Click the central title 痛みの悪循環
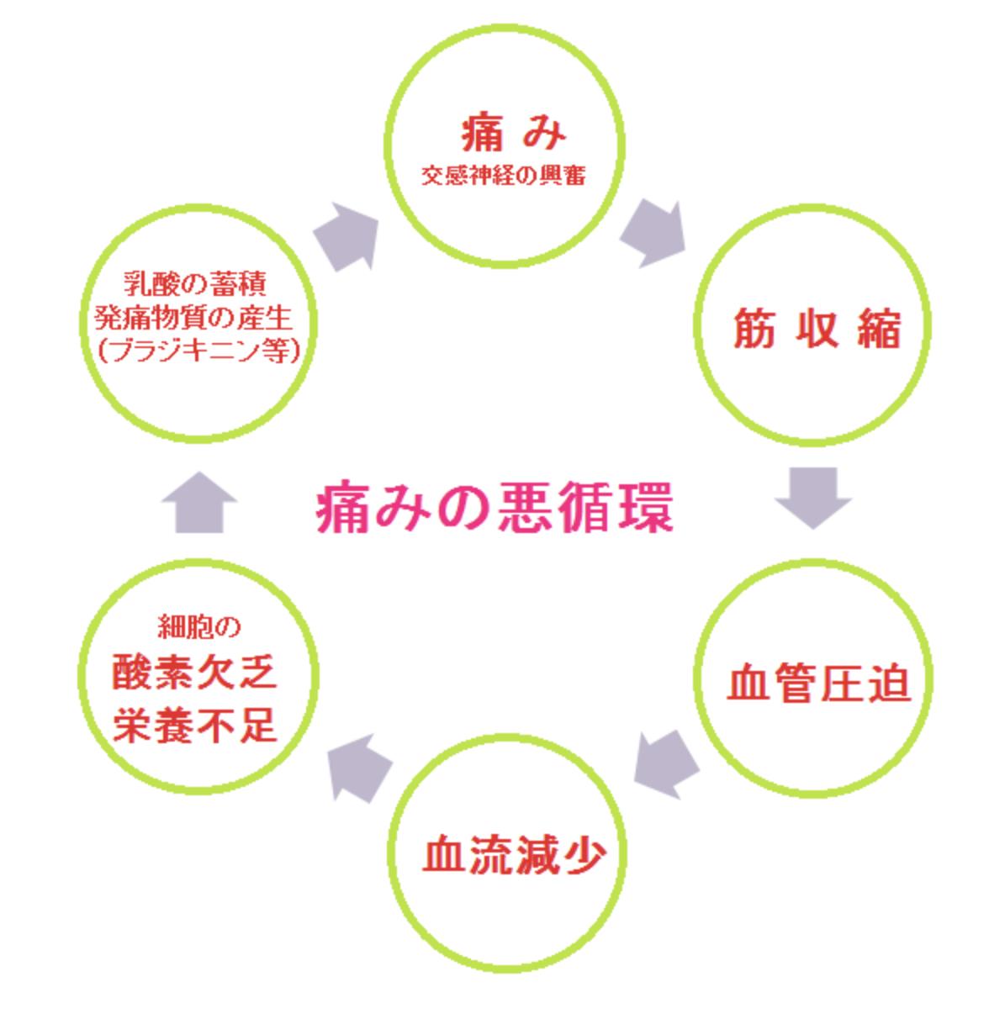494,508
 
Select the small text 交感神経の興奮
504,177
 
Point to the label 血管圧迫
817,683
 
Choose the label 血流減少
513,855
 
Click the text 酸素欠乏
195,674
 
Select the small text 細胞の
199,627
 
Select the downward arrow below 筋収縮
813,496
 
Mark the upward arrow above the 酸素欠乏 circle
198,501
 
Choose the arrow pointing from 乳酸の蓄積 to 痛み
346,235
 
